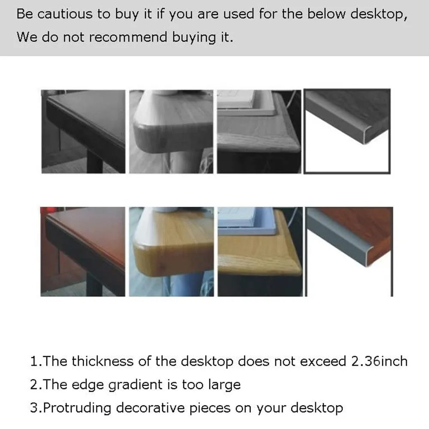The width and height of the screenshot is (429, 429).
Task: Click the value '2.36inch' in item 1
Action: point(379,361)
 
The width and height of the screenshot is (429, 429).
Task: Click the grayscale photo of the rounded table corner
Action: point(171,131)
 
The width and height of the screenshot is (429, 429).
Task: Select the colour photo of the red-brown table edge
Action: point(83,251)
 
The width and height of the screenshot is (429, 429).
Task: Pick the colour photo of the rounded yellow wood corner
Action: point(171,251)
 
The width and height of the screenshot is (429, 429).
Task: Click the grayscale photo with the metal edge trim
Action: point(347,131)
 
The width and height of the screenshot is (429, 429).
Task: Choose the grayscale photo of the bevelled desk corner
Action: point(259,131)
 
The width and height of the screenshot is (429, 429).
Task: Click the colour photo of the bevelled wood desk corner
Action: point(259,251)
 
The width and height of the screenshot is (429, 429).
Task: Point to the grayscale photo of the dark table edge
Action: point(83,131)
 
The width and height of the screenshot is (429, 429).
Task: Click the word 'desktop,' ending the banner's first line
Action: point(379,14)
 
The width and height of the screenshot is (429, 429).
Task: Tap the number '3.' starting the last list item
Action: point(36,408)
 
